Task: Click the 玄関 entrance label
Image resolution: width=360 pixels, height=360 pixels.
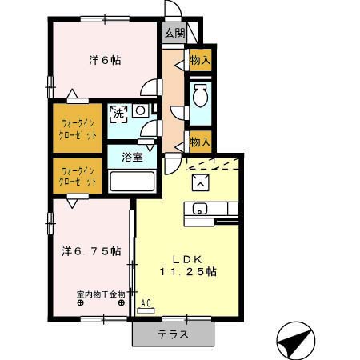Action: pyautogui.click(x=174, y=33)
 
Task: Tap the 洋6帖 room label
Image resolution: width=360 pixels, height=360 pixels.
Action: pyautogui.click(x=105, y=60)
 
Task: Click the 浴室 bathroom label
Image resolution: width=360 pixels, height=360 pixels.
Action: pyautogui.click(x=132, y=157)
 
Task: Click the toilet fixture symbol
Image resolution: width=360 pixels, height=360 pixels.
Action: pyautogui.click(x=200, y=97)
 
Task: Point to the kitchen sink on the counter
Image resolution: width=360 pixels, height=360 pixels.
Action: pyautogui.click(x=199, y=210)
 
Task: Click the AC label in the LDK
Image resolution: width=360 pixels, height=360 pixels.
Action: pyautogui.click(x=146, y=302)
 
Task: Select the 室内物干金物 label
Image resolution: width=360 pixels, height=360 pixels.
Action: pyautogui.click(x=101, y=294)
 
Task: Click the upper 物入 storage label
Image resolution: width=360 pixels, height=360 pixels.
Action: pyautogui.click(x=200, y=59)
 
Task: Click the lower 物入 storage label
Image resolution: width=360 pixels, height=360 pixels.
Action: pyautogui.click(x=200, y=142)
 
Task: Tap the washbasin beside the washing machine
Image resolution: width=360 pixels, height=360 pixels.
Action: pyautogui.click(x=141, y=110)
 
